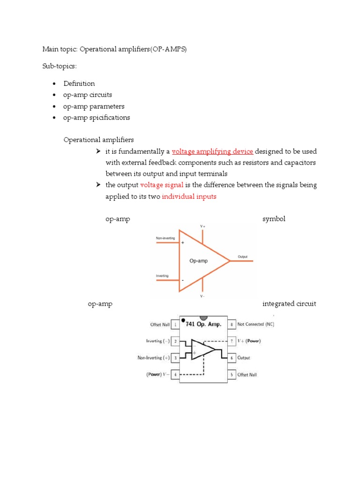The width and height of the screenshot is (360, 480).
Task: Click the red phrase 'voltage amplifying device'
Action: coord(212,151)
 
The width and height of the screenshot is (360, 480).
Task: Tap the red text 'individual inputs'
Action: coord(189,197)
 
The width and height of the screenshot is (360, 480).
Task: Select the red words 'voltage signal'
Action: coord(161,185)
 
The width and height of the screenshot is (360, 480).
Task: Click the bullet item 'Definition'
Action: coord(79,83)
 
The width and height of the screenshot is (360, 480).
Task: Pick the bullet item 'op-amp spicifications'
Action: coord(97,118)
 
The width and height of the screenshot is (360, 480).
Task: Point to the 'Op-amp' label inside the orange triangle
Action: coord(198,260)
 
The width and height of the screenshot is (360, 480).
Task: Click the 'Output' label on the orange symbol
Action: coord(243,257)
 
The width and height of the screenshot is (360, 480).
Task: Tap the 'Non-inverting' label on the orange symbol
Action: coord(165,238)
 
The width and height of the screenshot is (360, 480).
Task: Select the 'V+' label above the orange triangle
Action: coord(202,226)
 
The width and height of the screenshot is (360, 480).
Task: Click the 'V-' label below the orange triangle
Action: coord(202,296)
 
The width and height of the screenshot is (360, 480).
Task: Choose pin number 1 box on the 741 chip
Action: coord(175,324)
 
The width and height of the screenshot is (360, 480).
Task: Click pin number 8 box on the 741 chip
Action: coord(231,324)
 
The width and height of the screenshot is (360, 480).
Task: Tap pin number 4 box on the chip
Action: coord(175,375)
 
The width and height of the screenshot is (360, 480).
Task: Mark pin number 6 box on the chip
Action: coord(231,358)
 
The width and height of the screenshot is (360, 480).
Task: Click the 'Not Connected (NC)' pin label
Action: coord(255,324)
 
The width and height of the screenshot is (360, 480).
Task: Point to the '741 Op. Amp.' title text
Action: coord(205,325)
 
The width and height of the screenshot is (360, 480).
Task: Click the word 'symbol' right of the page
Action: coord(274,219)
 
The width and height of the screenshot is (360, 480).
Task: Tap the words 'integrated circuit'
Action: coord(289,304)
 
